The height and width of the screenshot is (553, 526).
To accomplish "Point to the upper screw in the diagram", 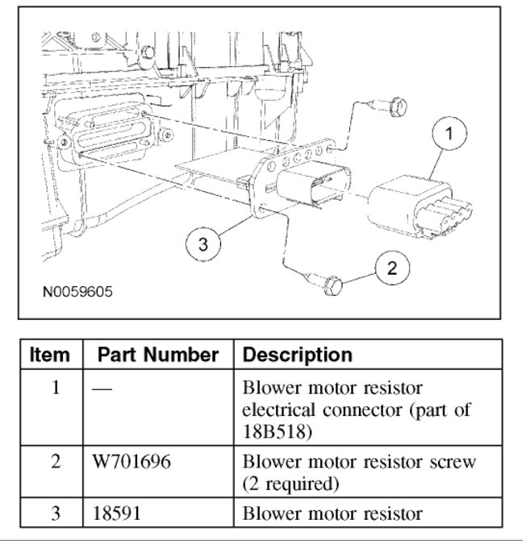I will (394, 105).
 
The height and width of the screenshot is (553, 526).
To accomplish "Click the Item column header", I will (50, 355).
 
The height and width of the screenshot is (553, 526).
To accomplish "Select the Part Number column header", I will (158, 355).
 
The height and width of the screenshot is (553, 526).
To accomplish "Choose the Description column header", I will (297, 355).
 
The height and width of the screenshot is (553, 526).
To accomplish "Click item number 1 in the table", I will (56, 388).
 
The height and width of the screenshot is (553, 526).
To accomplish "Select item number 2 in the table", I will (56, 463).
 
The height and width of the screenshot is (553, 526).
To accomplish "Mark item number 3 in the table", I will (56, 513).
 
